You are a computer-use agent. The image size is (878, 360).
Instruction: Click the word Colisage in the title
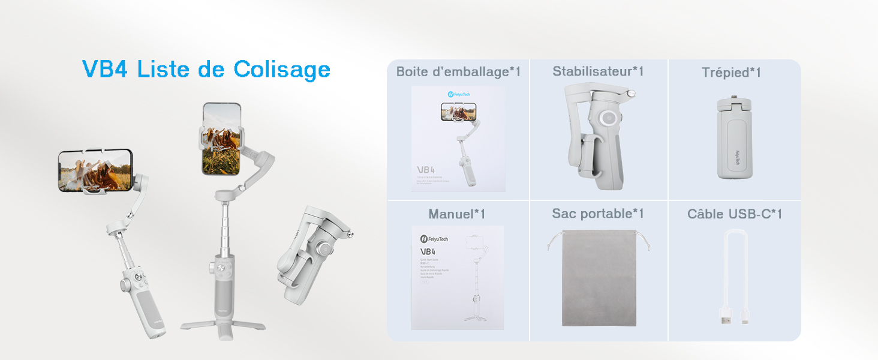(282, 70)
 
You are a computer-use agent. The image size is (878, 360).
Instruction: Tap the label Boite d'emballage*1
(458, 72)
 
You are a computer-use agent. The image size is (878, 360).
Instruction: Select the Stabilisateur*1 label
(598, 71)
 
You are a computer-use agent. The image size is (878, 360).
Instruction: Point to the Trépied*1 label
(731, 73)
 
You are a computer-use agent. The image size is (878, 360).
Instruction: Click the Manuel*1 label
(456, 214)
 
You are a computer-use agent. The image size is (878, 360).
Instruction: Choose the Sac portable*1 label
(597, 214)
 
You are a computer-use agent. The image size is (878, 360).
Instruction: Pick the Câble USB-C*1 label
(734, 214)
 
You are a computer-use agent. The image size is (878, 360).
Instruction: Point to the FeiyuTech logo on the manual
(434, 239)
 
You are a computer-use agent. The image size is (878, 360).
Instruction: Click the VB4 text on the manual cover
(428, 252)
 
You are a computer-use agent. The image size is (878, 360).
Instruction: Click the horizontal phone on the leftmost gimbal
(95, 170)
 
